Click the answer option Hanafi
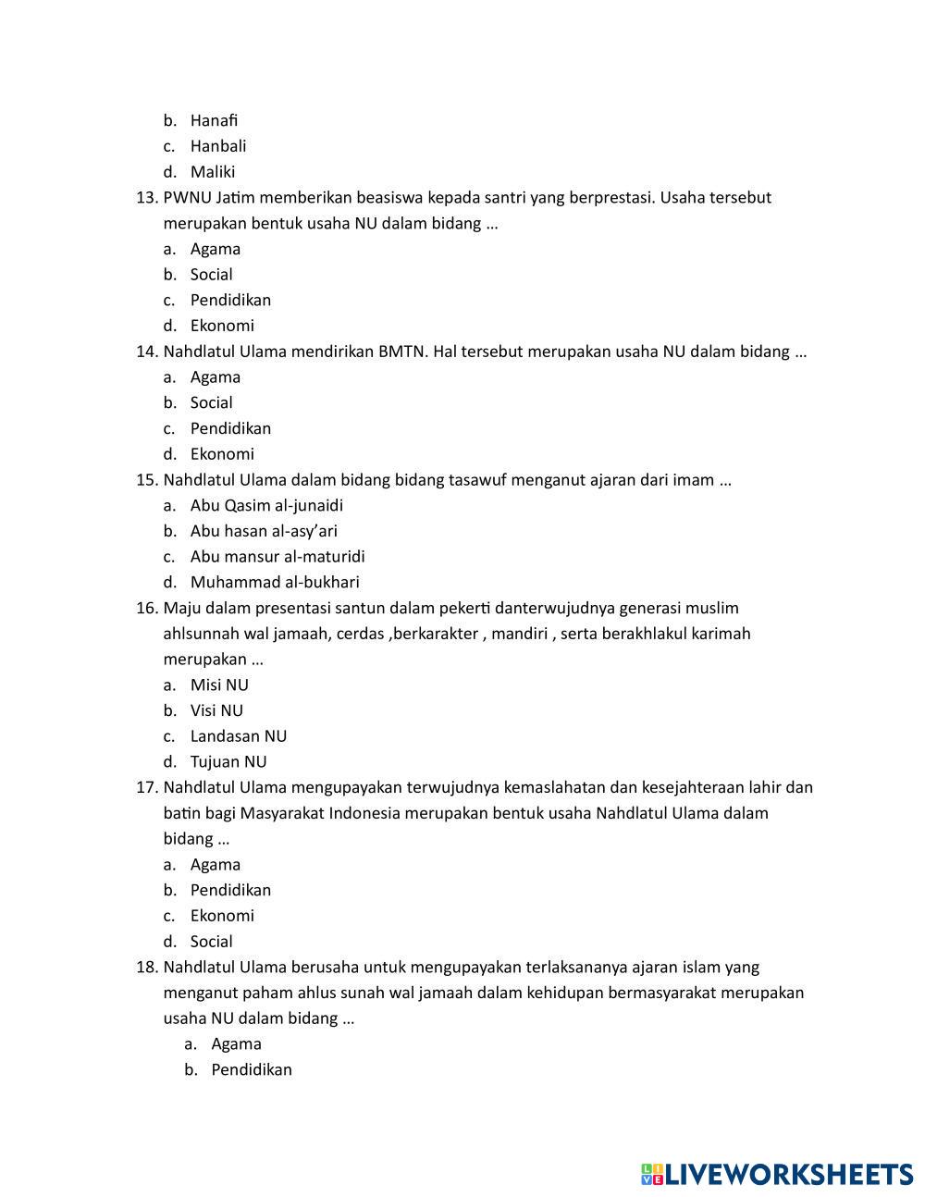coord(214,120)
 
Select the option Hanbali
coord(218,146)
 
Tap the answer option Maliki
coord(213,172)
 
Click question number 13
coord(147,198)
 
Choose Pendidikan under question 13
coord(230,301)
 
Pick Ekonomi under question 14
coord(222,454)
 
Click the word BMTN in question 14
coord(401,352)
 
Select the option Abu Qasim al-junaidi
coord(266,506)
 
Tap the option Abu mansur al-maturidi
coord(277,557)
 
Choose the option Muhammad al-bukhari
coord(275,583)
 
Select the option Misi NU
coord(219,685)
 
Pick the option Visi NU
coord(216,711)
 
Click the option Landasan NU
coord(239,736)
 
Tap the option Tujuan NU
coord(228,762)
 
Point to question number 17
coord(147,788)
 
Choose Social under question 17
coord(212,942)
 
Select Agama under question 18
coord(236,1044)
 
